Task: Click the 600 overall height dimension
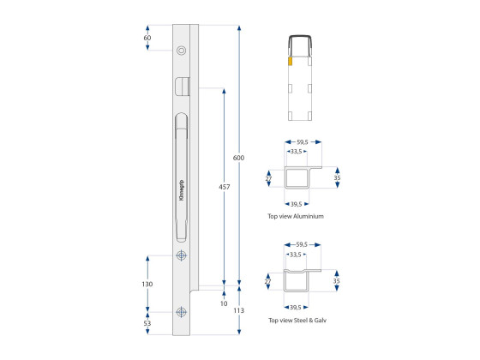pos(238,158)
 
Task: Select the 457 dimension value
pos(224,187)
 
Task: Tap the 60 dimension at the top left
pos(147,39)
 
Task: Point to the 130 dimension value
pos(147,284)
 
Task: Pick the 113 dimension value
pos(238,311)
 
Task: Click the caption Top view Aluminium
pos(296,217)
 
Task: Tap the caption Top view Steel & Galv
pos(298,320)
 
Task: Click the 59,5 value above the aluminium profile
pos(302,142)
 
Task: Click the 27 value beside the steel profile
pos(268,280)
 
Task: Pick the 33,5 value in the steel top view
pos(297,254)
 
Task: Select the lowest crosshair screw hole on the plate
pos(180,313)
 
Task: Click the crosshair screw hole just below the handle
pos(180,256)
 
